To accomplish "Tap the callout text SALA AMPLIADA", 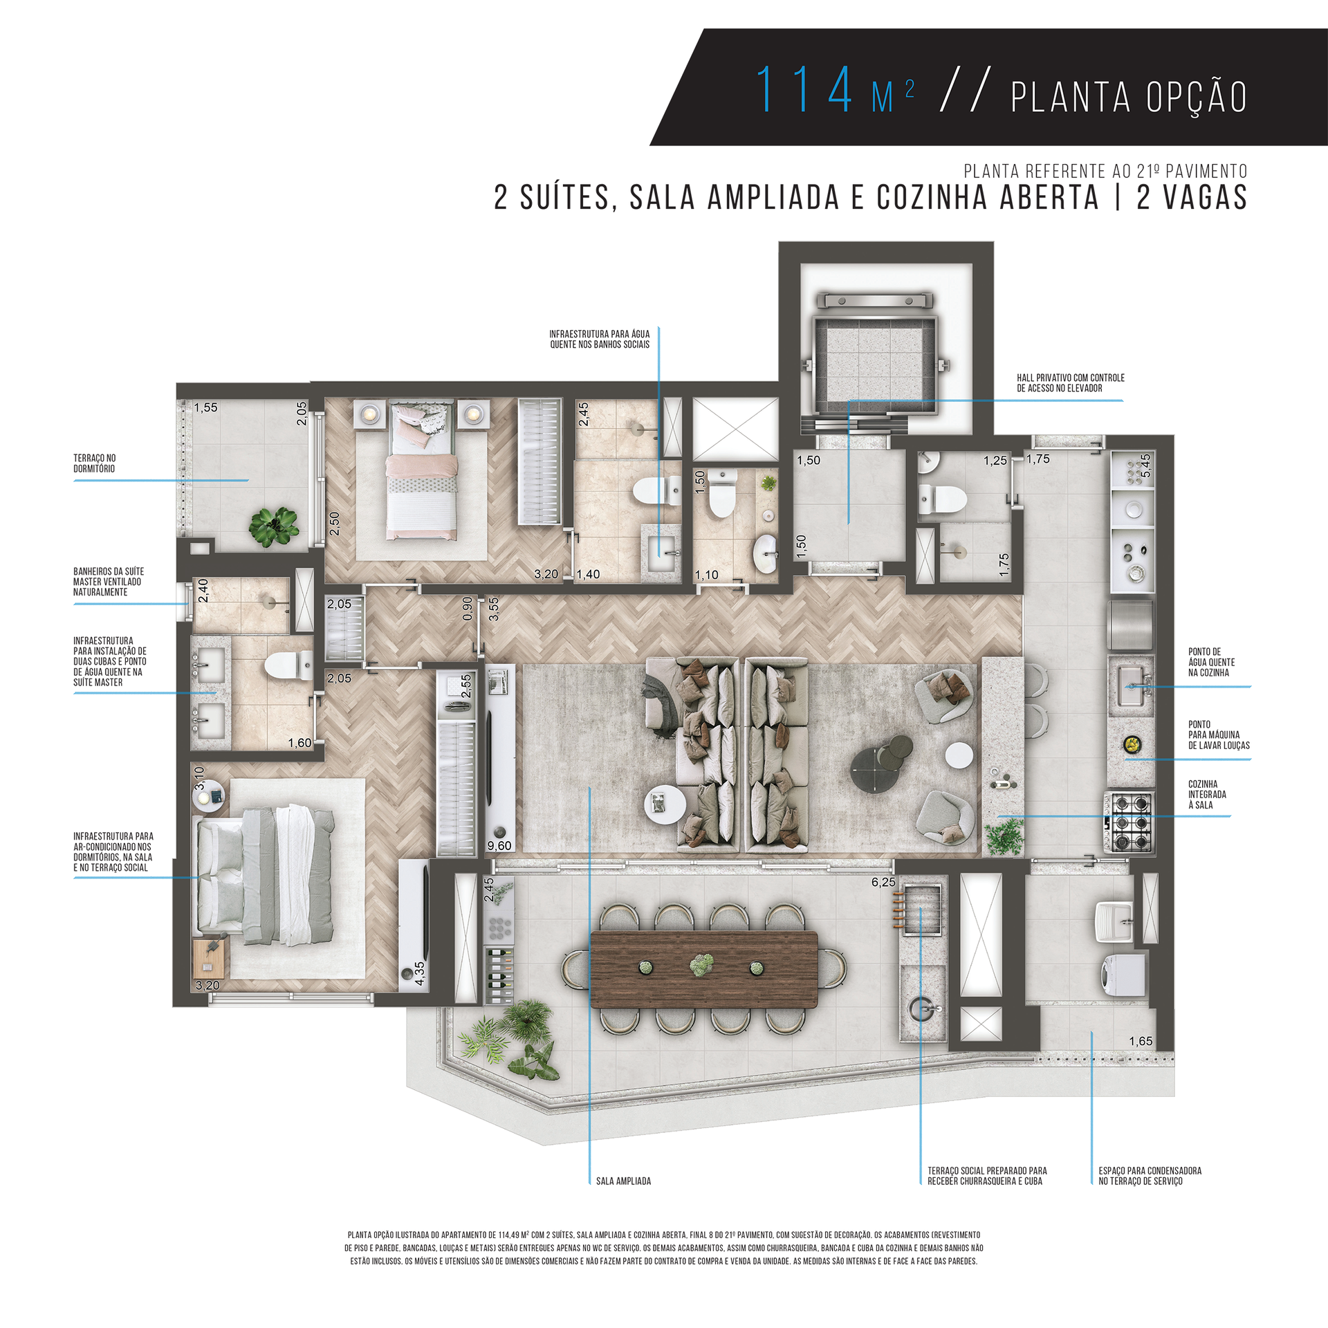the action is tap(623, 1181).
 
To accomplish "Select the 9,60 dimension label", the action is tap(499, 846).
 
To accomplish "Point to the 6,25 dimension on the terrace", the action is tap(883, 883).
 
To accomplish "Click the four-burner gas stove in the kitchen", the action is tap(1128, 822).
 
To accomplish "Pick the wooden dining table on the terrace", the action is tap(704, 969).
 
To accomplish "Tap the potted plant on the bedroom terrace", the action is tap(274, 527).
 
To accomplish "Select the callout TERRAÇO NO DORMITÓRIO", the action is tap(95, 463).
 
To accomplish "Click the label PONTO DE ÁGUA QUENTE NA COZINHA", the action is tap(1211, 662).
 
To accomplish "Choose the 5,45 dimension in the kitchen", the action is tap(1146, 465).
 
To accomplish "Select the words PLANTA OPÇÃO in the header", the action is tap(1129, 97).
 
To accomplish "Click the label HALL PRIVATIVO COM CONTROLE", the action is tap(1071, 378).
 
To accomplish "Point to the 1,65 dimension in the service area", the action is tap(1141, 1041).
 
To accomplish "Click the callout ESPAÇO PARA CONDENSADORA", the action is tap(1150, 1171).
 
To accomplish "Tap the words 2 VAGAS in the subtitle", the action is tap(1192, 197).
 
